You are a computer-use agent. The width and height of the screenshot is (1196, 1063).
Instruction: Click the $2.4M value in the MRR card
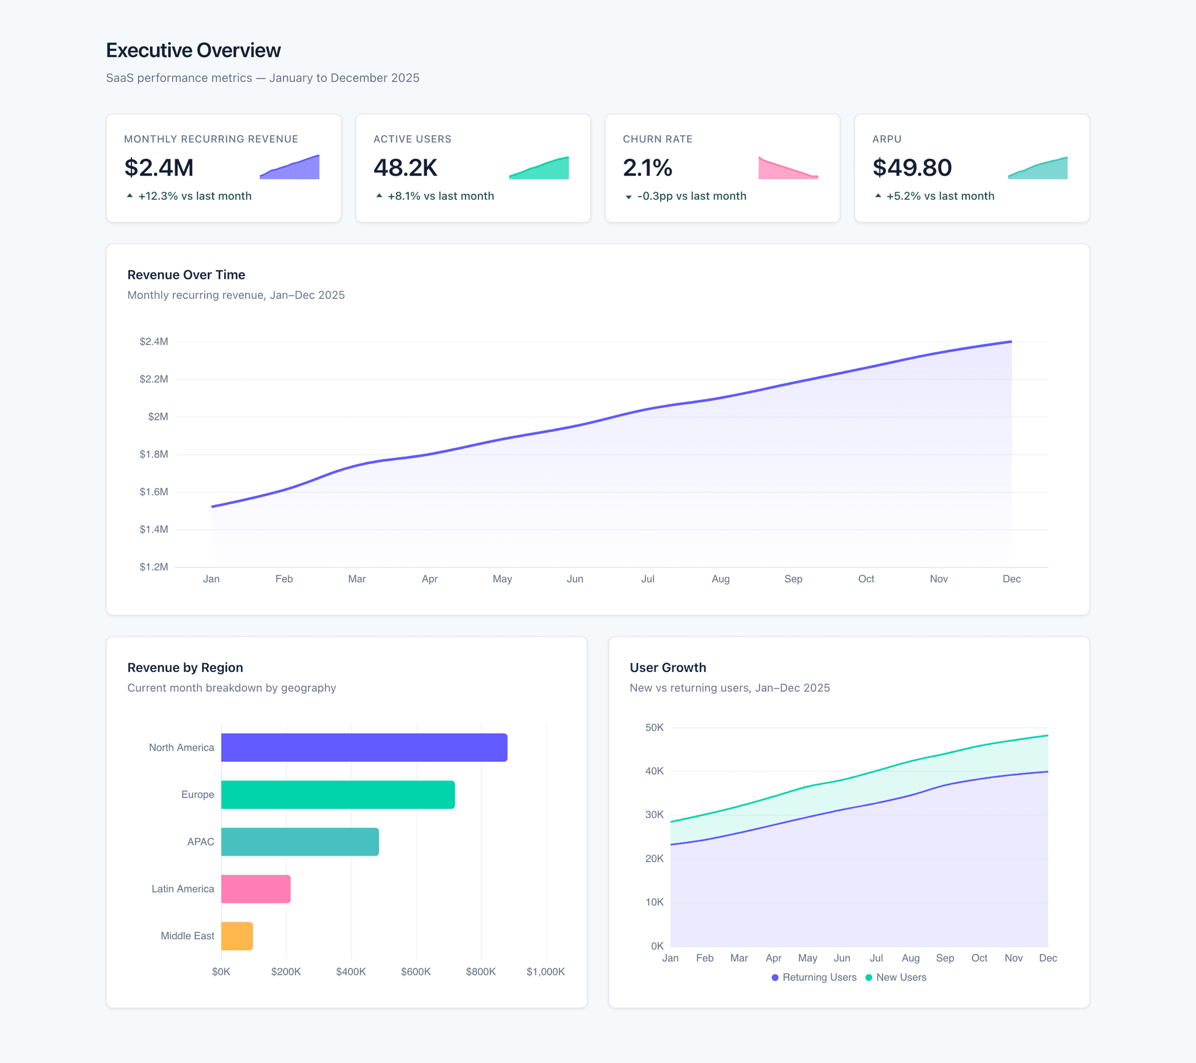click(x=159, y=168)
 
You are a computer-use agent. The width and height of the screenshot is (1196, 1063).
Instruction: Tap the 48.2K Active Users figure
click(x=405, y=168)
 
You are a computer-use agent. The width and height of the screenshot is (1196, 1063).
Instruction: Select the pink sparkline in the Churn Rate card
click(x=788, y=169)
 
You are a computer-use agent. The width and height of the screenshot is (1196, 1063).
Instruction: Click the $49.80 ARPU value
click(x=912, y=168)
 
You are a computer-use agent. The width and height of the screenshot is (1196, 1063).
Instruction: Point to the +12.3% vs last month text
click(x=194, y=196)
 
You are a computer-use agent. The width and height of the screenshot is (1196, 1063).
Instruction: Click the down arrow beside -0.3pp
click(x=628, y=197)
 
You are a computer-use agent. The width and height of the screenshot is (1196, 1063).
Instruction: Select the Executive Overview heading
click(x=193, y=50)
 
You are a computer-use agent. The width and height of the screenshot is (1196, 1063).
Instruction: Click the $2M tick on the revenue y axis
click(x=158, y=417)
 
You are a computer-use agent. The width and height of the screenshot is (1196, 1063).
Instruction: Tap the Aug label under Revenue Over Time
click(x=720, y=578)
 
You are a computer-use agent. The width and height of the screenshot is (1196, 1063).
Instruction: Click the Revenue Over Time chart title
click(x=186, y=274)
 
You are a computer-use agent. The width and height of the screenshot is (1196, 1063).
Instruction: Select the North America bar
click(x=364, y=747)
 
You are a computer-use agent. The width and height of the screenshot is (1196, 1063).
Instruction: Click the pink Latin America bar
click(x=256, y=888)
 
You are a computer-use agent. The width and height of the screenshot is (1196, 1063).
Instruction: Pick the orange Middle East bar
click(x=237, y=936)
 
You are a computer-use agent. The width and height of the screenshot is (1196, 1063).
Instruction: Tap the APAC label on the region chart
click(x=200, y=841)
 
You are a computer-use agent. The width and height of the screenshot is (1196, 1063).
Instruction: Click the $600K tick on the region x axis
click(x=415, y=971)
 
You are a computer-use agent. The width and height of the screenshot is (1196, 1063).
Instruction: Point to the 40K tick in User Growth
click(x=654, y=771)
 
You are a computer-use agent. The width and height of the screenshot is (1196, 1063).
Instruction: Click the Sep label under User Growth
click(x=944, y=958)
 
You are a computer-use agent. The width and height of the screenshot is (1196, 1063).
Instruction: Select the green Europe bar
click(x=338, y=794)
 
